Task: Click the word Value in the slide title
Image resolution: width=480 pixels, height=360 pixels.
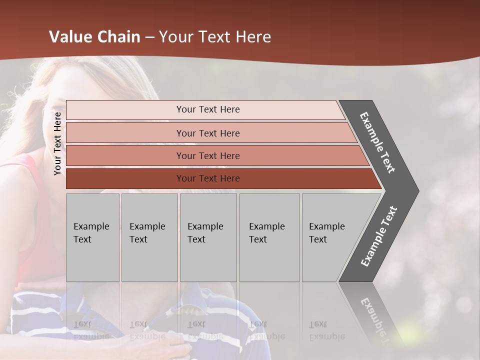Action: (x=70, y=37)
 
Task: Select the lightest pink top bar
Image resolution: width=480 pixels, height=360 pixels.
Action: (x=207, y=109)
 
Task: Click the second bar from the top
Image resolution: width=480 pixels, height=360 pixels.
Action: (x=207, y=133)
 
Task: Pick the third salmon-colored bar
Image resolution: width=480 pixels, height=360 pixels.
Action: (x=207, y=155)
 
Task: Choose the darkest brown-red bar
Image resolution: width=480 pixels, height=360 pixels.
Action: (x=207, y=178)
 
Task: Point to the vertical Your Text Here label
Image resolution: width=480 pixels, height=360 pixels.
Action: (x=57, y=143)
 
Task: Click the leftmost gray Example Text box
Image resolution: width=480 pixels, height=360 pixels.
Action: (x=92, y=237)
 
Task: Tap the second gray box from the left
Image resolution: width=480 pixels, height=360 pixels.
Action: (x=149, y=237)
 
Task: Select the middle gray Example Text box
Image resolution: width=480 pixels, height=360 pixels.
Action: (x=208, y=237)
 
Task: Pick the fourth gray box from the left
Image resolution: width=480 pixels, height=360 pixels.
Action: (x=269, y=237)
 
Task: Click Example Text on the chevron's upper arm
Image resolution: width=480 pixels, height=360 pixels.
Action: (x=377, y=142)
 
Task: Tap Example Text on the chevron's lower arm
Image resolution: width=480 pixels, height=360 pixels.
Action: (x=378, y=236)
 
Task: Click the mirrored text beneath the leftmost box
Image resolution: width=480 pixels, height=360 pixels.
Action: (x=90, y=330)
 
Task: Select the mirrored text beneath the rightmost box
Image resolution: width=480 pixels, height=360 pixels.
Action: (x=326, y=330)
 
